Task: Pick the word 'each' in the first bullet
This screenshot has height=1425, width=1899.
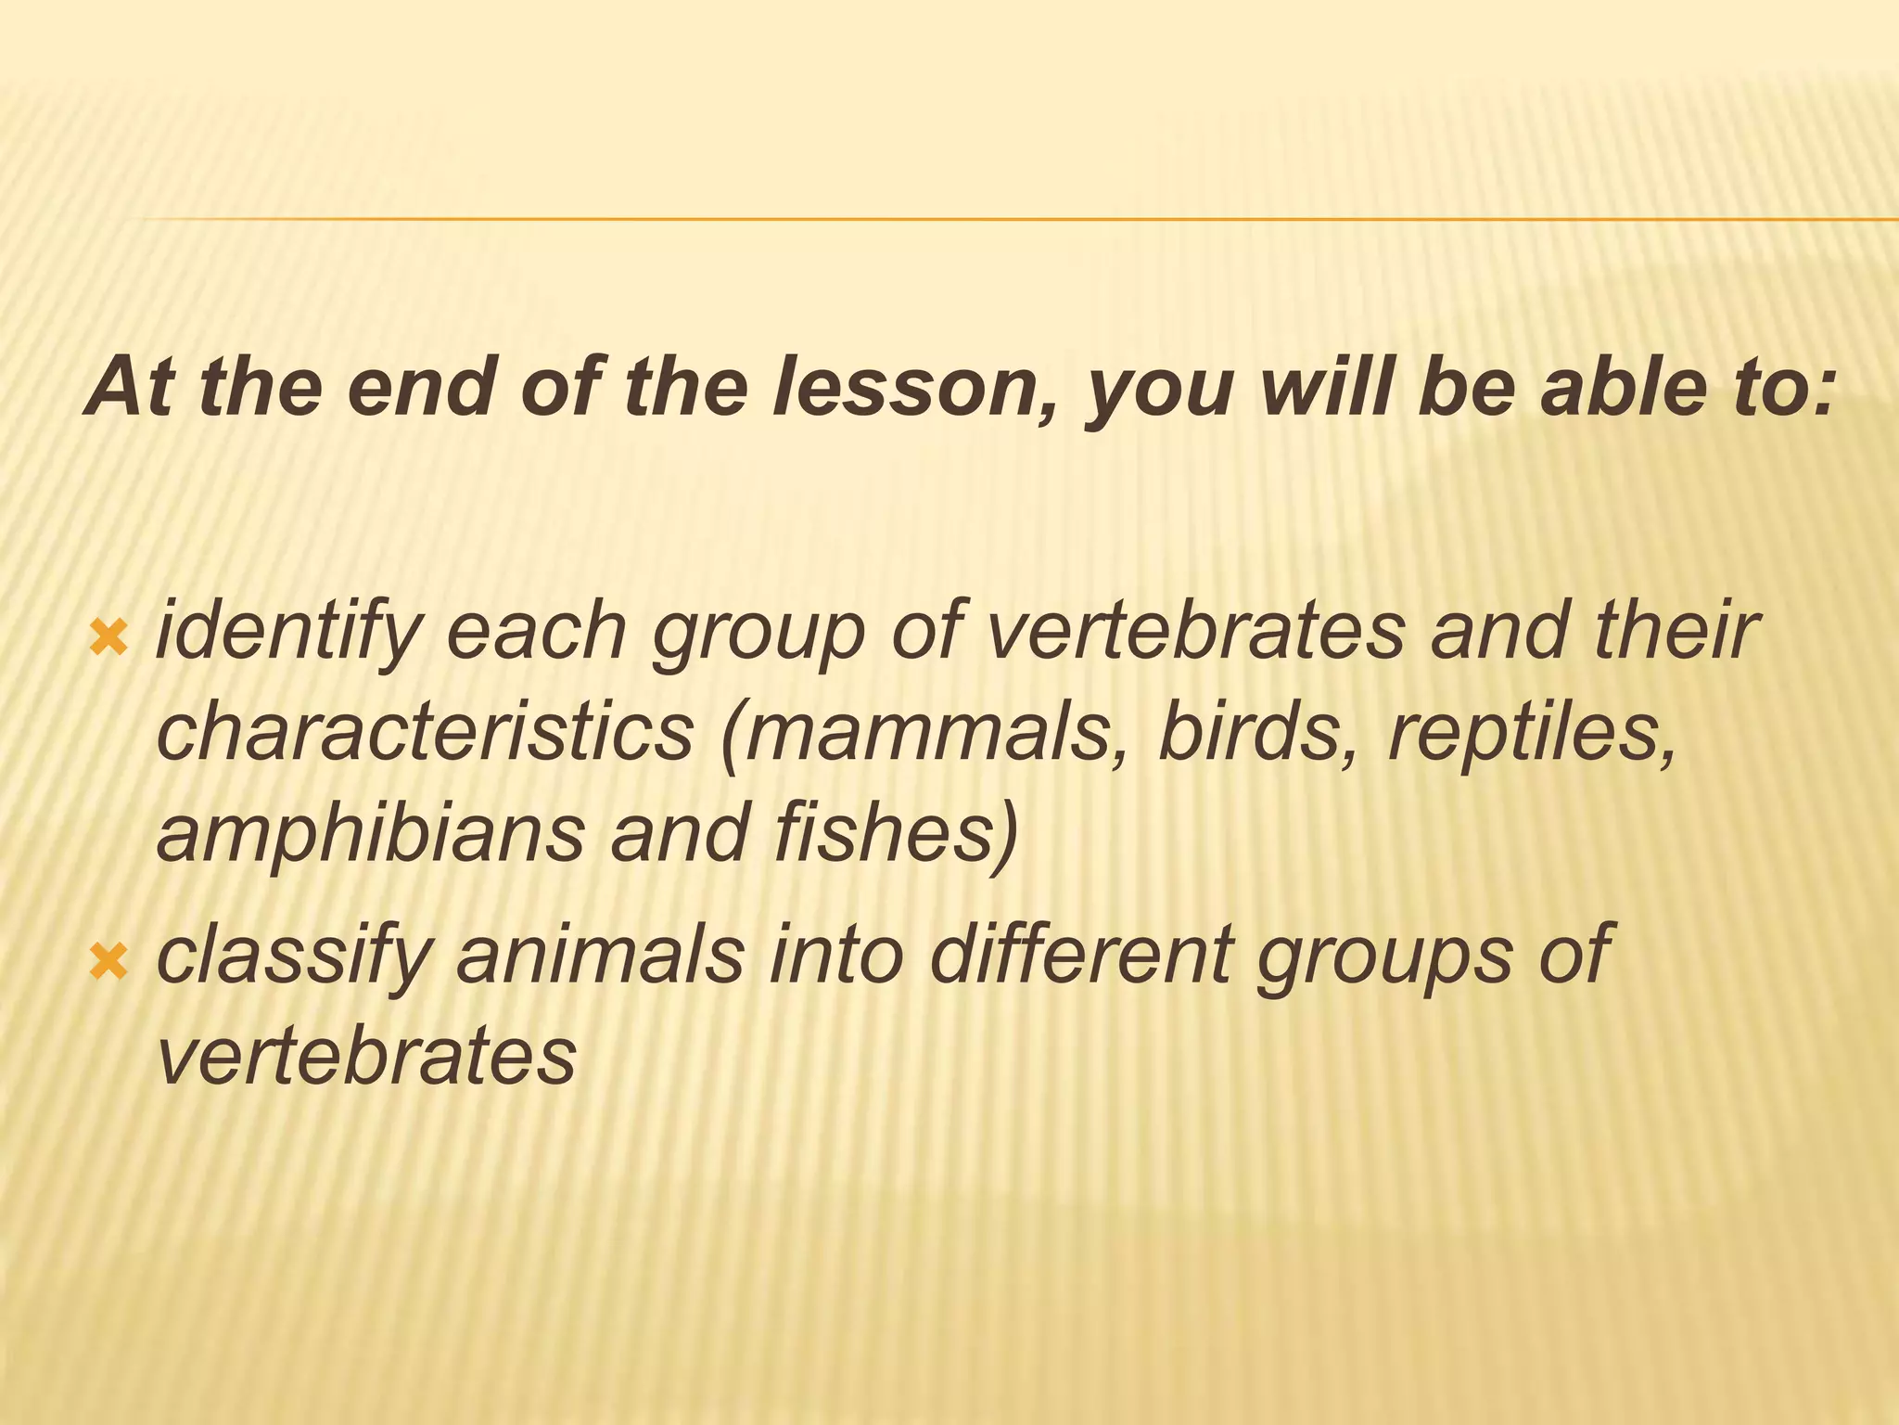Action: [537, 631]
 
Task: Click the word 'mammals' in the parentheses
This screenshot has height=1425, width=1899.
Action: [932, 733]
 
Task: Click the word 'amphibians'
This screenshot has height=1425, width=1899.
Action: [370, 832]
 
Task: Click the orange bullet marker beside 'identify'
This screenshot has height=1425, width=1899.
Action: [109, 636]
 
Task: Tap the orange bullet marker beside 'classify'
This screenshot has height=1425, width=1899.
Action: [109, 961]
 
